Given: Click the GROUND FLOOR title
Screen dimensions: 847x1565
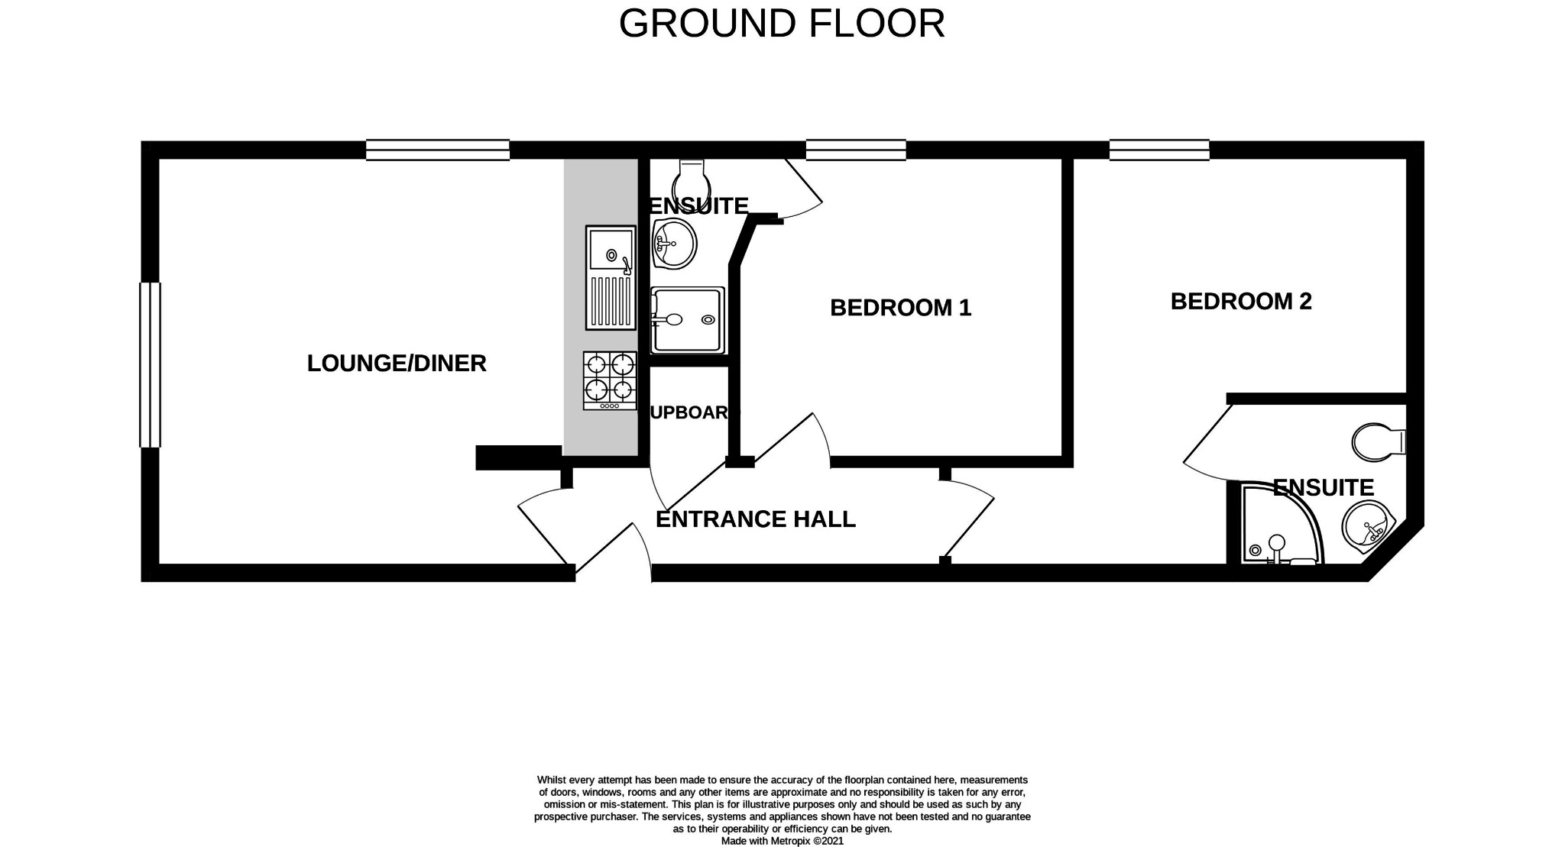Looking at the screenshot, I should coord(781,24).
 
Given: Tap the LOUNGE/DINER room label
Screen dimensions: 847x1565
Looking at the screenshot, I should coord(396,364).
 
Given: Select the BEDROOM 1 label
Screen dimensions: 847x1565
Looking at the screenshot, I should coord(900,308).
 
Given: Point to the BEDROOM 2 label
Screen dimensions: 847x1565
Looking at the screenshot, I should coord(1240,302).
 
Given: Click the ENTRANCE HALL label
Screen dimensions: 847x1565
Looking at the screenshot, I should coord(755,519).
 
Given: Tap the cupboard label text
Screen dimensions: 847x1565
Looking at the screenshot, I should coord(692,412).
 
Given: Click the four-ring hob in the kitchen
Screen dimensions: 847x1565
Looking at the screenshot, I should coord(610,380).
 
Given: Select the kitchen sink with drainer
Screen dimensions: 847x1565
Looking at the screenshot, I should coord(611,277).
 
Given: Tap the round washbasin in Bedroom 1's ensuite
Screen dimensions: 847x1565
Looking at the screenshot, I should coord(674,244).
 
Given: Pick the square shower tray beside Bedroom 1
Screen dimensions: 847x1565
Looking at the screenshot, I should coord(687,320).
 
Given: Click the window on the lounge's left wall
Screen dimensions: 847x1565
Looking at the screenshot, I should coord(151,364).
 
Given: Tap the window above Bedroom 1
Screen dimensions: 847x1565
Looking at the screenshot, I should coord(856,150).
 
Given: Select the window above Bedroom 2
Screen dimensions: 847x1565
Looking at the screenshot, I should coord(1158,150).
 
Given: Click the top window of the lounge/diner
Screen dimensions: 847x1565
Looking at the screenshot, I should coord(437,150).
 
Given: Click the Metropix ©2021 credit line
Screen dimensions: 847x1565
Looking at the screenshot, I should coord(782,841).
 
